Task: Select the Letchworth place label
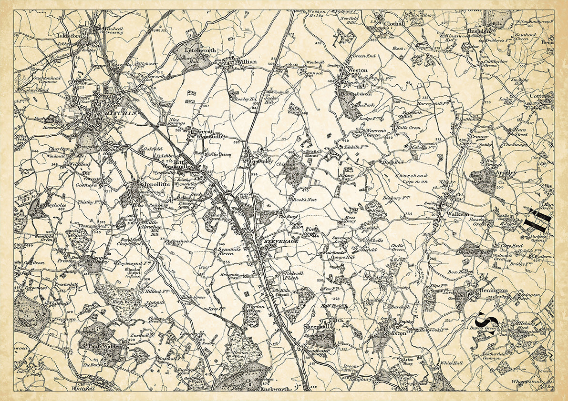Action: (x=200, y=50)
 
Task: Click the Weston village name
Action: (x=358, y=70)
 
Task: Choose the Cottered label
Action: (x=541, y=97)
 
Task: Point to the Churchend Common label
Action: (x=412, y=178)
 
